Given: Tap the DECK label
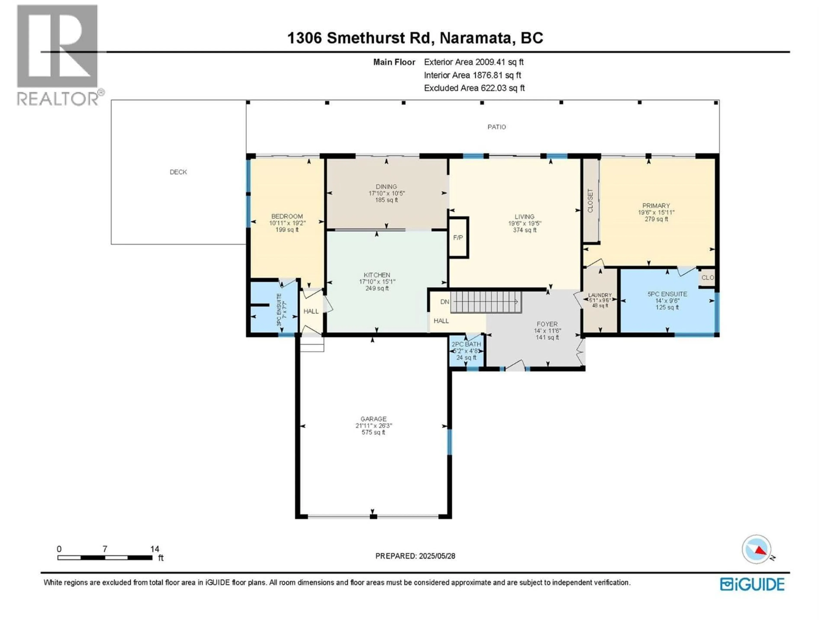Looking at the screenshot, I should coord(178,172).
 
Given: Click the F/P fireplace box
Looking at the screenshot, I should coord(458,238).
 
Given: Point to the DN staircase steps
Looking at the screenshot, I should coord(486,302).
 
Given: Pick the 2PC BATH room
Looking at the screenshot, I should coord(466,351).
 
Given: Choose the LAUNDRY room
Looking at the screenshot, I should coord(600,300).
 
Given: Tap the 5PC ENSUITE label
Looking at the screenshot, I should coord(667,294).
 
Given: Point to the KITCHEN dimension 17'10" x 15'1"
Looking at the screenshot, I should coord(377,282).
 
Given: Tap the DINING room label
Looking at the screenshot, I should coord(386,187).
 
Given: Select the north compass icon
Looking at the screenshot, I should coord(757,549).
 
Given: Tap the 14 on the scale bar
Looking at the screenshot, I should coord(154,549).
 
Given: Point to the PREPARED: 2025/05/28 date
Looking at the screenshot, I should coord(415,556).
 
